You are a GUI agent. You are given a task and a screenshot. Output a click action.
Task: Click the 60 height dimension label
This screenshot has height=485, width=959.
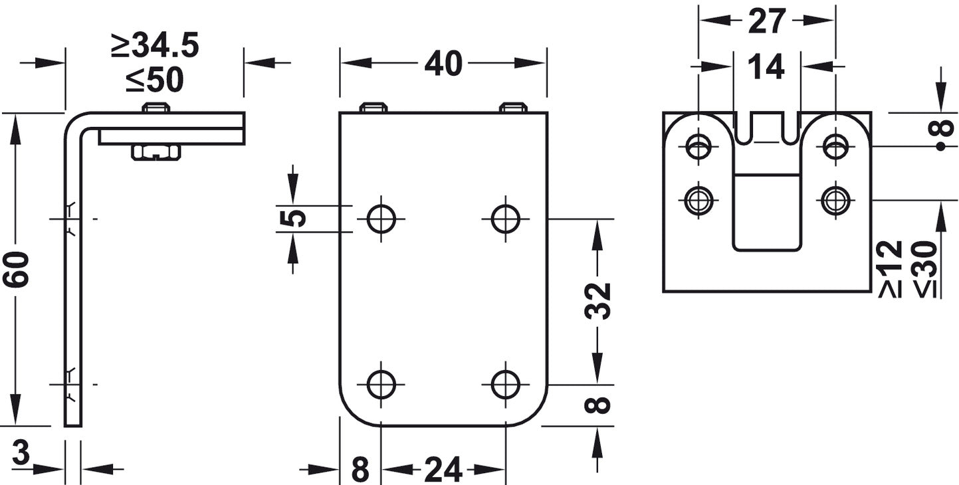click(x=16, y=269)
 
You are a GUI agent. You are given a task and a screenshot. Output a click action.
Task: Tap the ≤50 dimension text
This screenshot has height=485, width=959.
click(x=155, y=80)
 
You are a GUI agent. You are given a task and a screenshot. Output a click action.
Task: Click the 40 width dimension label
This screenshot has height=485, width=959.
click(x=443, y=63)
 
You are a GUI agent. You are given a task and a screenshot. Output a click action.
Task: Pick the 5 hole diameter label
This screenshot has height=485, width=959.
click(x=293, y=219)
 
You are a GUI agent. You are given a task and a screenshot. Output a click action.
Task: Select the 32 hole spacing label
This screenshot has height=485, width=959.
click(x=597, y=301)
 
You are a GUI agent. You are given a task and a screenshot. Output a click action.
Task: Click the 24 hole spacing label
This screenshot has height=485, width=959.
click(x=443, y=470)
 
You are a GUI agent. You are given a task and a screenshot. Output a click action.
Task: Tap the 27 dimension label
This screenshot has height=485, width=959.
click(x=767, y=21)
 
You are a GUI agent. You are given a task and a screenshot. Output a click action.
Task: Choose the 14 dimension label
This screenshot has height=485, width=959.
click(x=766, y=66)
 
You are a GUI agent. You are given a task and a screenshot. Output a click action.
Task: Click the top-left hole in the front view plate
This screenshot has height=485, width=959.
click(x=381, y=219)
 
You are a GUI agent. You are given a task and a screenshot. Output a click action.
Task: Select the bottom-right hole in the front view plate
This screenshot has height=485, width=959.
click(x=506, y=385)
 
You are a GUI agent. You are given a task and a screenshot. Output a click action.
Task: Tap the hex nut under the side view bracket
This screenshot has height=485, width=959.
click(x=156, y=152)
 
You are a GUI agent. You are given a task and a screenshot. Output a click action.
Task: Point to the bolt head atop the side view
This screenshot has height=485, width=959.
click(x=156, y=108)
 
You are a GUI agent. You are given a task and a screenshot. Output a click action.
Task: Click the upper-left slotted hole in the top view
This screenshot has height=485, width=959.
click(x=698, y=147)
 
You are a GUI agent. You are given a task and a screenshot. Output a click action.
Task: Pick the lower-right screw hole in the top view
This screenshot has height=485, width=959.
click(x=835, y=200)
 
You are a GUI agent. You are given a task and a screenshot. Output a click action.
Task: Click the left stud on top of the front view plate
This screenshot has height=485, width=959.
click(x=373, y=108)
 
